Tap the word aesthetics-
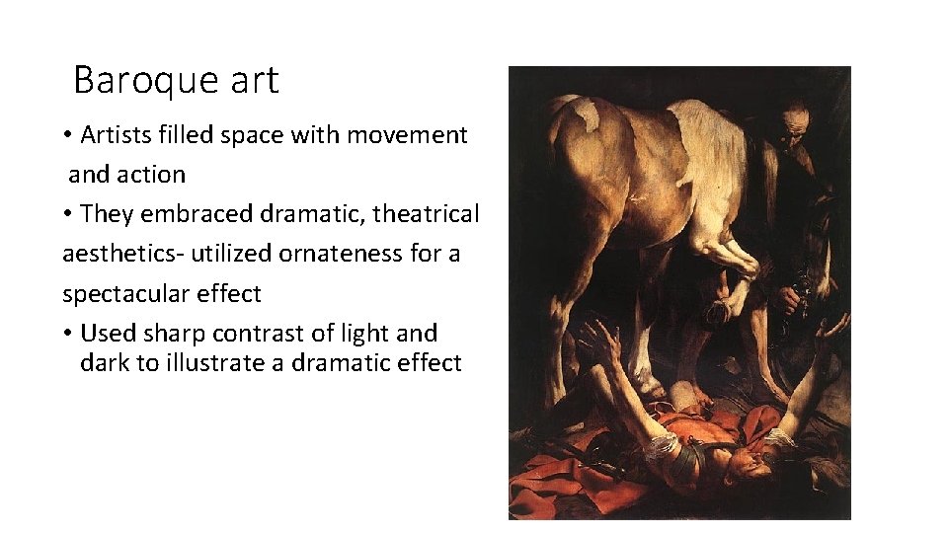(123, 254)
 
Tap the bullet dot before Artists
(69, 135)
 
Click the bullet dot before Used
(69, 334)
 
